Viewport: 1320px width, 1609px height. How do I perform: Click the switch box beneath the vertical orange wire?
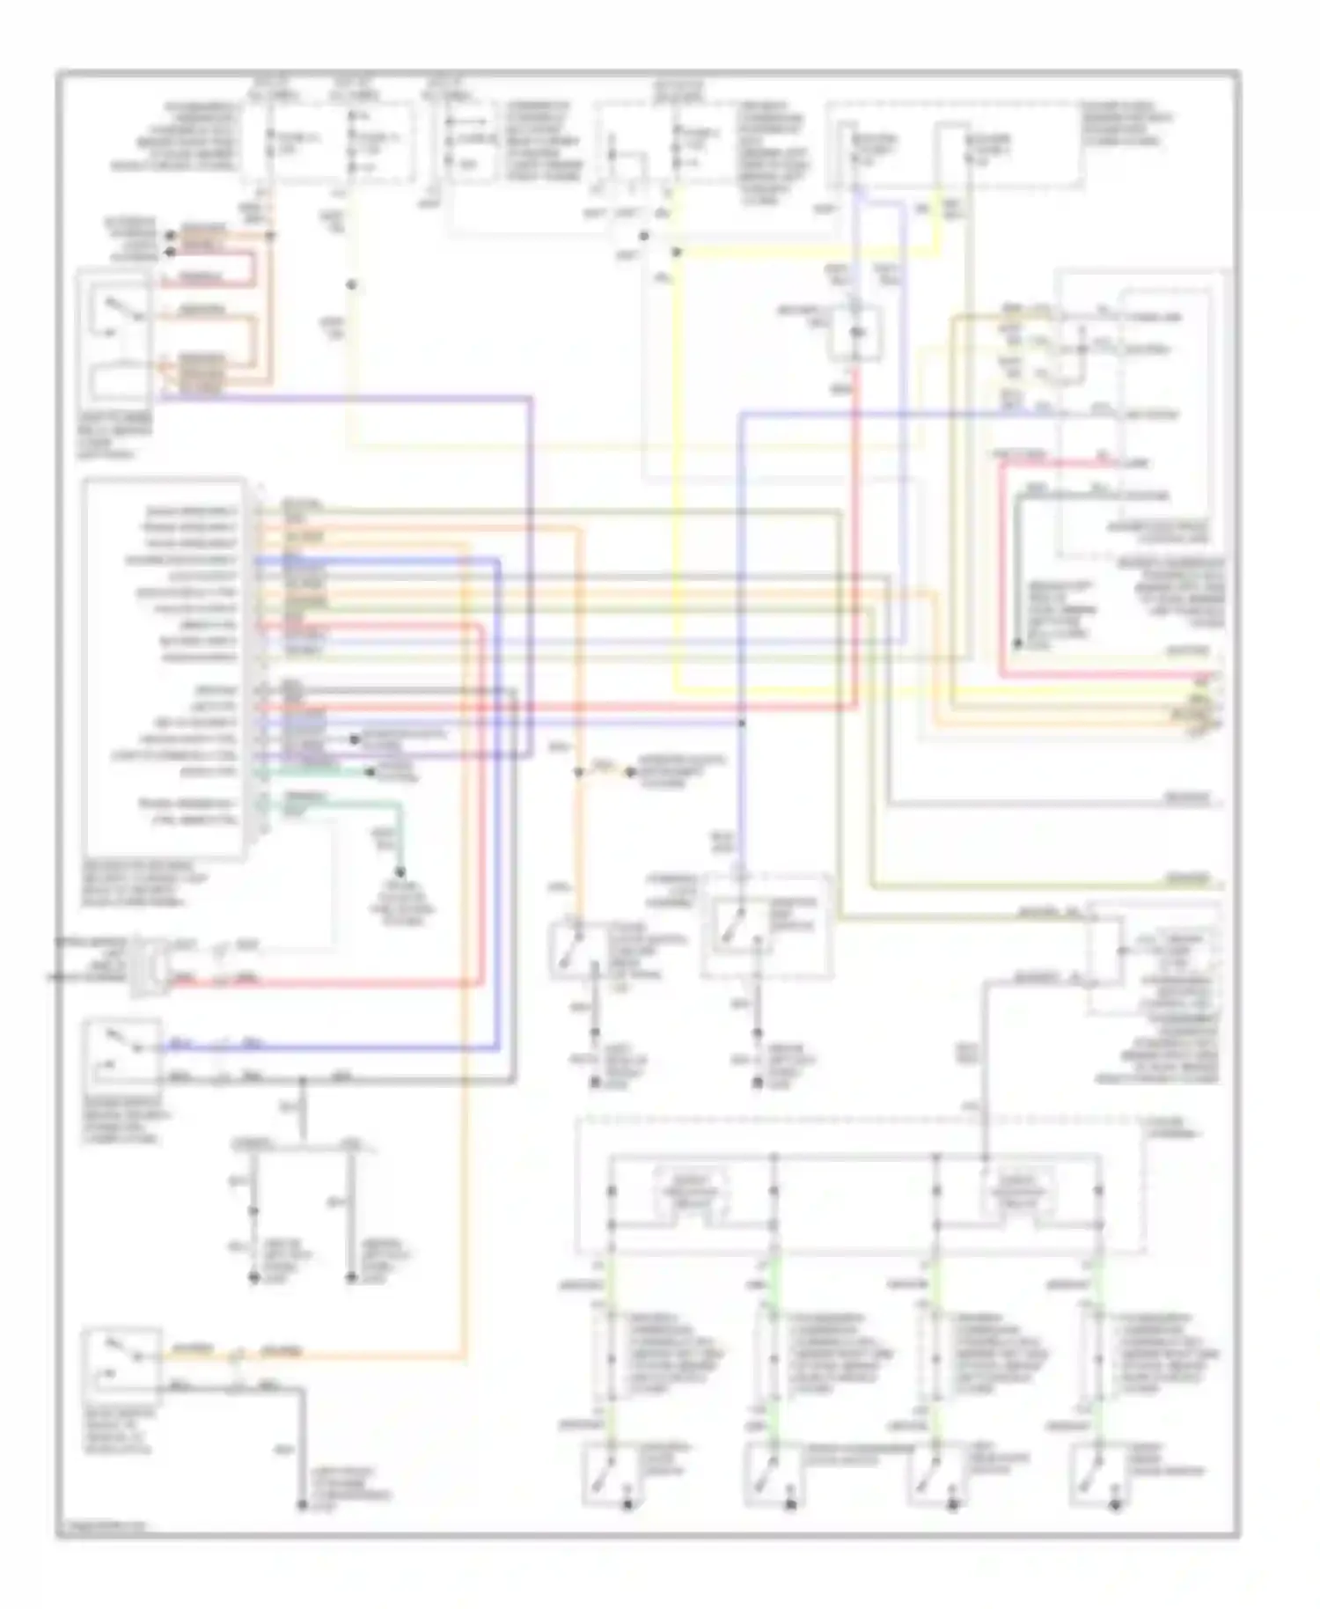click(x=574, y=949)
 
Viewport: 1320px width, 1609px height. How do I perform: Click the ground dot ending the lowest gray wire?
click(x=301, y=1506)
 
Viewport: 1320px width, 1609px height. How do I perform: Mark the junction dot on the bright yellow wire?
click(x=677, y=253)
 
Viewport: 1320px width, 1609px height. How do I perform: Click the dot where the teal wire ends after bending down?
click(x=400, y=872)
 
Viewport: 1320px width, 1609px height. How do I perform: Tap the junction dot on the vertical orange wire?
click(x=578, y=773)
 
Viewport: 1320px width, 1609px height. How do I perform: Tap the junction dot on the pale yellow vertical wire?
click(x=351, y=285)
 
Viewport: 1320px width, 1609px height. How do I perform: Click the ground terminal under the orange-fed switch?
click(x=596, y=1084)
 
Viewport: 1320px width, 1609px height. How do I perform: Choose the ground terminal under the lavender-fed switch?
click(x=757, y=1084)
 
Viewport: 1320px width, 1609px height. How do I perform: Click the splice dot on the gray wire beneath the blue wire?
click(x=302, y=1079)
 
